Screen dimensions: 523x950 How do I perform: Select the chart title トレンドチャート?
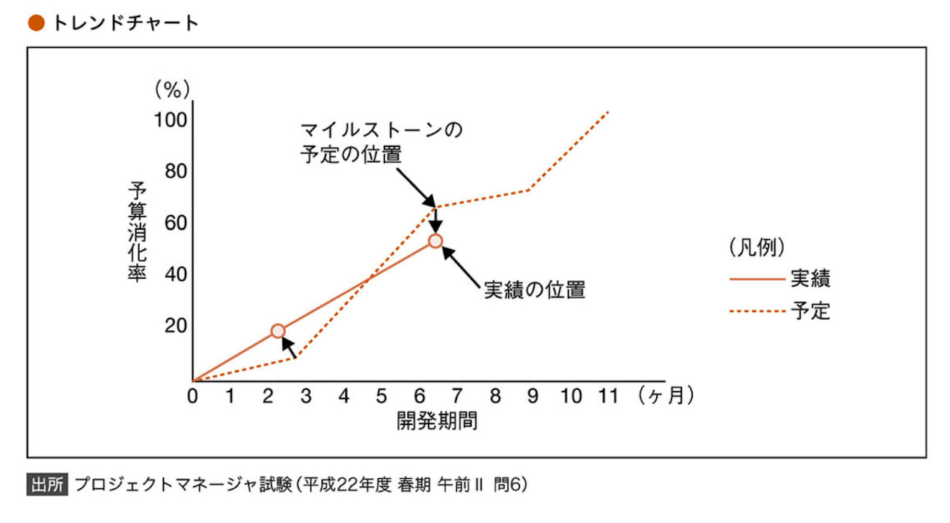pyautogui.click(x=124, y=23)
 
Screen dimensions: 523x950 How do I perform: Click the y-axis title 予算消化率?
pyautogui.click(x=136, y=232)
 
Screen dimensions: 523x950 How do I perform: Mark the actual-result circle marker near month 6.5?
pyautogui.click(x=435, y=241)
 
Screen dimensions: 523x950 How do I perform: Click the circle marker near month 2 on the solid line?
pyautogui.click(x=278, y=331)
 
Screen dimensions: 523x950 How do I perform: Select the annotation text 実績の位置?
pyautogui.click(x=534, y=291)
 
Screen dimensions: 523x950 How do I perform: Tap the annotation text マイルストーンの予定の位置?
pyautogui.click(x=380, y=142)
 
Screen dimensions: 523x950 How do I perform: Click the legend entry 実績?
pyautogui.click(x=809, y=279)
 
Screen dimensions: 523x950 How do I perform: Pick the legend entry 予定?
pyautogui.click(x=809, y=310)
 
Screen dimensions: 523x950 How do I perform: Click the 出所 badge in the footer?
pyautogui.click(x=46, y=485)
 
